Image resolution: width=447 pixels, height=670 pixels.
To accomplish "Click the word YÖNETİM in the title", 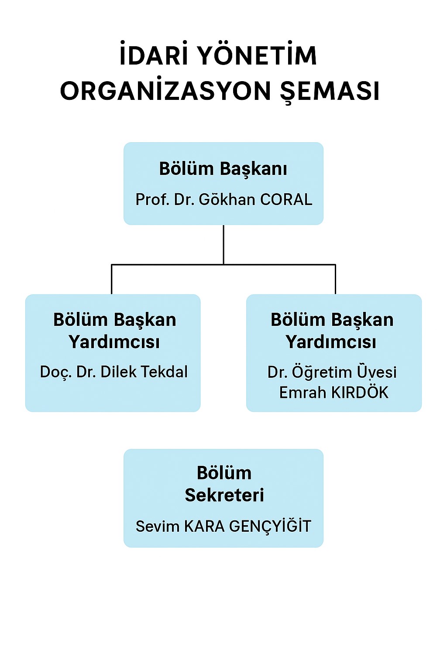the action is coord(258,55).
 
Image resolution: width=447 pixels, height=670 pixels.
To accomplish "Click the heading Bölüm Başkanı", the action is coord(223,169).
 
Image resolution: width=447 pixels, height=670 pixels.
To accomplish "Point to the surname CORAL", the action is coord(286,200).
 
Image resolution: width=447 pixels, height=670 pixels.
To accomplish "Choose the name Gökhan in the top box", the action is coord(227,199).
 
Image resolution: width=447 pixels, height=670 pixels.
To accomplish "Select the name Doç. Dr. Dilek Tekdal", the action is coord(114,372).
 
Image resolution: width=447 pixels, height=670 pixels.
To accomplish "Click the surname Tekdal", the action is coord(164,372).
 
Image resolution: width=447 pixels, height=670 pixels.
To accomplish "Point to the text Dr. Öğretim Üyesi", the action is coord(332,372).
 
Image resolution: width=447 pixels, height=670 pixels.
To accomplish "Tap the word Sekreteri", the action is coord(224,495).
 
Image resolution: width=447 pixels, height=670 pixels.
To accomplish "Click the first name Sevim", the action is coord(157,526).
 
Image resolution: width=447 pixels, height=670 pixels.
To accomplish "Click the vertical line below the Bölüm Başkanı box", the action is coord(223,245).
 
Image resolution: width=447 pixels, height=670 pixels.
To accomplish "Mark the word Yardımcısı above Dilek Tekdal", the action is coord(114,342).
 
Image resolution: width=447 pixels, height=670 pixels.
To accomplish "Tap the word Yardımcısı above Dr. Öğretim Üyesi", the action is coord(331,342).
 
